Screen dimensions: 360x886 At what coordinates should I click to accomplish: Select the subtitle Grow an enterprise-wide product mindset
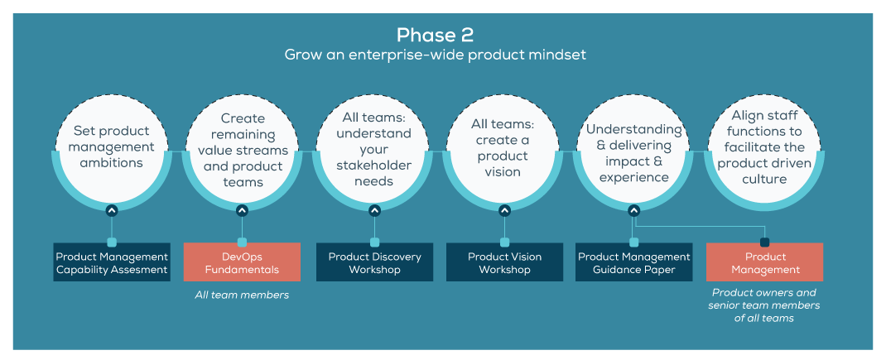(436, 55)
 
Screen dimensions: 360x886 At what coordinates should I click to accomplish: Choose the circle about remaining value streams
(243, 150)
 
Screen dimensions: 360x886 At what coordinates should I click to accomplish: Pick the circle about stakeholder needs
(374, 149)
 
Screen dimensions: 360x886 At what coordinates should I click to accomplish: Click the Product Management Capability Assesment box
(112, 262)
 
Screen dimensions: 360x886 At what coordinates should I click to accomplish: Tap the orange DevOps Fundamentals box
(242, 262)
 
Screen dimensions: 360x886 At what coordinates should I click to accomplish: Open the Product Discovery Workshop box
(374, 262)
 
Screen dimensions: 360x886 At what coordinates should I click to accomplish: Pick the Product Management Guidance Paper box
(633, 262)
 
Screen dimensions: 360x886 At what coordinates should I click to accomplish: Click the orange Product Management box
(764, 262)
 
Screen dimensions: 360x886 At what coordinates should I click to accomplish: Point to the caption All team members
(242, 295)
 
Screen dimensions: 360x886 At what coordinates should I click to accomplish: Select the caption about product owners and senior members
(764, 305)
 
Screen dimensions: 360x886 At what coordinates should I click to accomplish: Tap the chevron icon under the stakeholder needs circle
(374, 210)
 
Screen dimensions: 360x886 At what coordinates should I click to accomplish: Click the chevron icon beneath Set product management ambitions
(112, 210)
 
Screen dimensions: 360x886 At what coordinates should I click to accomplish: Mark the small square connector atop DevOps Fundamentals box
(242, 242)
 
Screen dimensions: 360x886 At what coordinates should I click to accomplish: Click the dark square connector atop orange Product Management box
(764, 242)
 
